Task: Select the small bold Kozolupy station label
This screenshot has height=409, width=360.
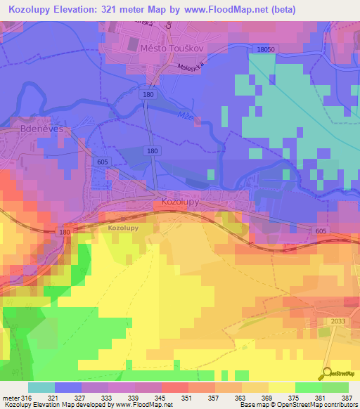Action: click(x=124, y=228)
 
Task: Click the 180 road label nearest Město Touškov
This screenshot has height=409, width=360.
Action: click(x=148, y=93)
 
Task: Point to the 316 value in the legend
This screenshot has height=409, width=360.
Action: click(x=27, y=398)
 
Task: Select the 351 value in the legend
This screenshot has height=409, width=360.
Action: click(x=188, y=398)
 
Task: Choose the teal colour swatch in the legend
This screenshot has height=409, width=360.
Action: click(x=41, y=387)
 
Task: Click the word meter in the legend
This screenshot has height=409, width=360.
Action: click(x=11, y=398)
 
